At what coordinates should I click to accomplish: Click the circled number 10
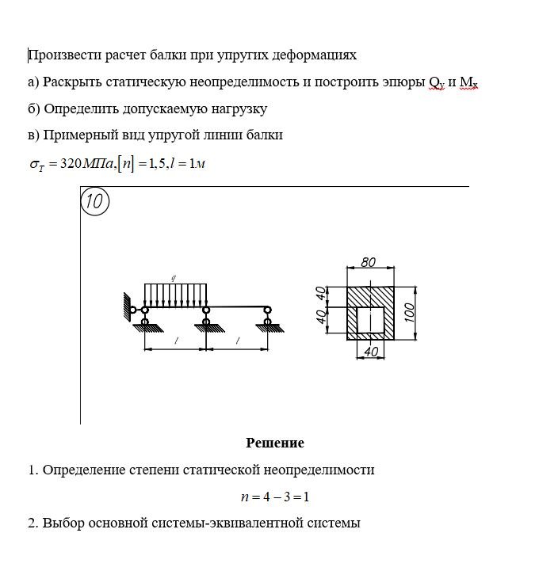point(94,202)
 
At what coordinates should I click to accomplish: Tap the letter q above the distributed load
point(174,278)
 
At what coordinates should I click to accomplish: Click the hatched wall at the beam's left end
point(127,307)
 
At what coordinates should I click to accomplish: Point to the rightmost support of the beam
point(268,319)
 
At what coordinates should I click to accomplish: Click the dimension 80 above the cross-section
point(368,262)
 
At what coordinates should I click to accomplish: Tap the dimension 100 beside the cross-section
point(408,310)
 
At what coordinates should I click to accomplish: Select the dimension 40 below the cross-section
point(369,350)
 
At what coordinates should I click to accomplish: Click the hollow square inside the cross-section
point(369,319)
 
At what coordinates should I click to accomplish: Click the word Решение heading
point(274,443)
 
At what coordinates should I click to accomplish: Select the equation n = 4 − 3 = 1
point(274,497)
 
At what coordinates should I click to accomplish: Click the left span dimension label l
point(175,340)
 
